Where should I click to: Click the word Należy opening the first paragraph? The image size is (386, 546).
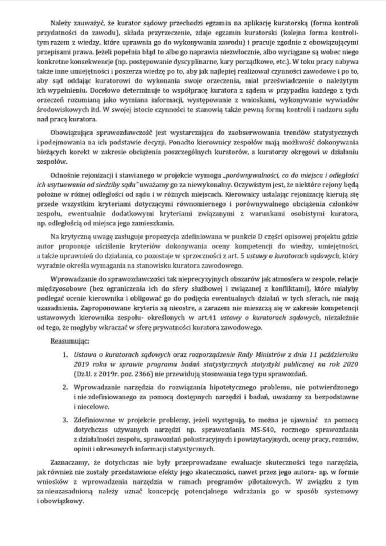[59, 23]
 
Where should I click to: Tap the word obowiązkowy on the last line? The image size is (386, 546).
[63, 501]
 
